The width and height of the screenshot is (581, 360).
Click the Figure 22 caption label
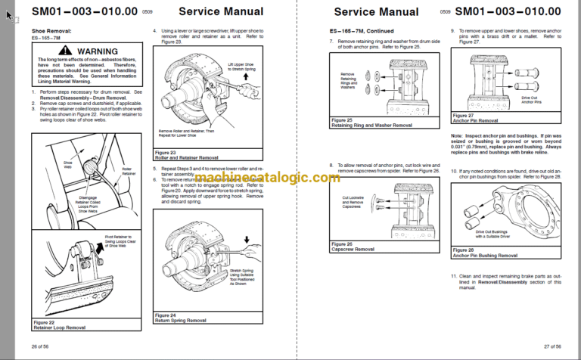[45, 321]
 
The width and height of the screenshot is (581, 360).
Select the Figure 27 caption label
[463, 115]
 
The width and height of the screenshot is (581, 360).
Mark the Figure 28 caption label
[463, 249]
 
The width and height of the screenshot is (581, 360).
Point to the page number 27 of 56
[551, 346]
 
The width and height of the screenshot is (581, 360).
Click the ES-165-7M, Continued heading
[356, 29]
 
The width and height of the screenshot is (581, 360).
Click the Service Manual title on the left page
[222, 11]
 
